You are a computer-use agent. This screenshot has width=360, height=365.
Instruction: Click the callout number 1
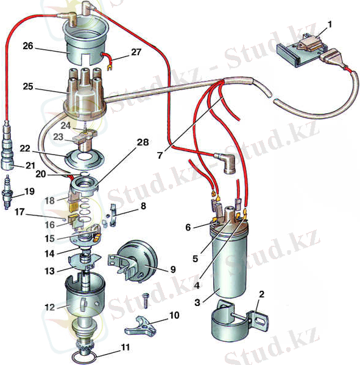point(330,25)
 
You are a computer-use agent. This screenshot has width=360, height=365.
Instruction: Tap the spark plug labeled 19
point(7,192)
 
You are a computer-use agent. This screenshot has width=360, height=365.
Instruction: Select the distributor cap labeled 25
point(85,94)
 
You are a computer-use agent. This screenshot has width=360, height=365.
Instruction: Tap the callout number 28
point(143,142)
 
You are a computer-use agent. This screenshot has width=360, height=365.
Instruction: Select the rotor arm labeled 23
point(83,140)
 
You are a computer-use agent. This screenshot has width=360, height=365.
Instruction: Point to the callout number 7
point(160,156)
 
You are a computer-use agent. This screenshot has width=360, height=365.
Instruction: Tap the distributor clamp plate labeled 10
point(141,326)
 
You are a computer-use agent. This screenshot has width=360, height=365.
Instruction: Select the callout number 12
point(50,307)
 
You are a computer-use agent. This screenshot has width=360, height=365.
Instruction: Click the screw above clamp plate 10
point(146,301)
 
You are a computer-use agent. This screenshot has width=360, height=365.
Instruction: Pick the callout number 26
point(28,46)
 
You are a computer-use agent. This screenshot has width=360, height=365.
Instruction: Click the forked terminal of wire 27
point(108,68)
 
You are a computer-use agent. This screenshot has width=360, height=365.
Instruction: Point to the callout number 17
point(19,212)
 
